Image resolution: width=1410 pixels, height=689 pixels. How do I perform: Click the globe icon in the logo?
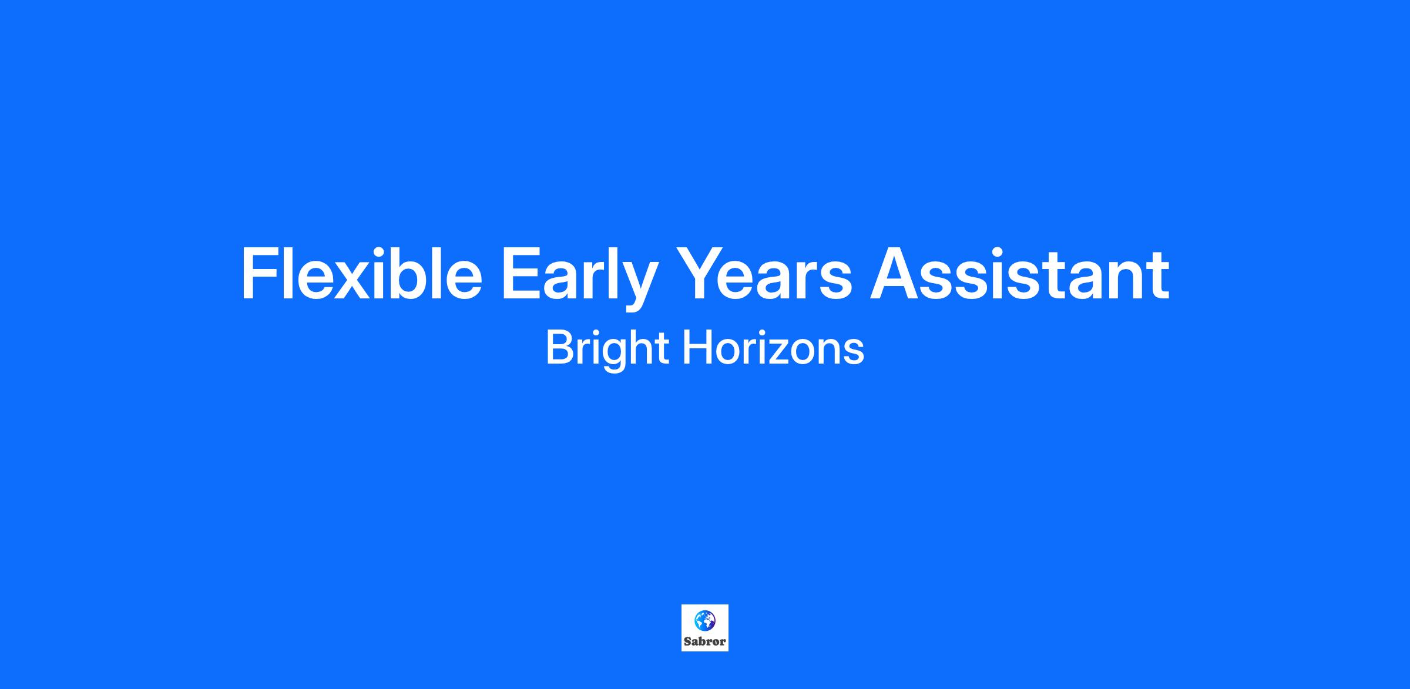pos(704,620)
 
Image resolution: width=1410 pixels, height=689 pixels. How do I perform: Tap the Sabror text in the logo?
pos(704,641)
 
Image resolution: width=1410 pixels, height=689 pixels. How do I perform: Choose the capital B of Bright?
pos(560,348)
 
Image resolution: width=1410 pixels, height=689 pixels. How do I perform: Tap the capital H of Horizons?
pos(696,348)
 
